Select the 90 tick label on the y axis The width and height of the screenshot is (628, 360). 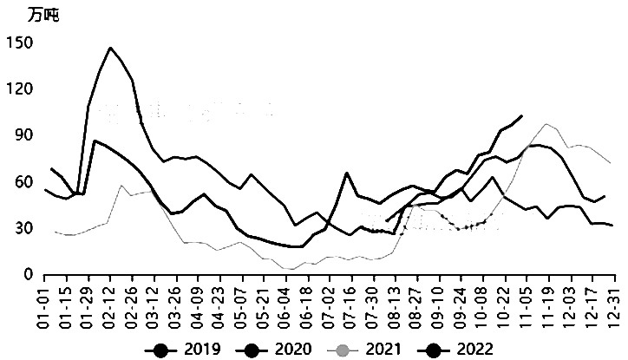click(22, 136)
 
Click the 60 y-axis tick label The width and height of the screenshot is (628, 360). click(22, 182)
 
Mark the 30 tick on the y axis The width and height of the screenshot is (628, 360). click(22, 228)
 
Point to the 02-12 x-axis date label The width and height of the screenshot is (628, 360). click(110, 303)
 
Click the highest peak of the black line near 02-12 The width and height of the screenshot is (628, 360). click(110, 48)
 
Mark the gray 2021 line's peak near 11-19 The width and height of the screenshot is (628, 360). click(546, 124)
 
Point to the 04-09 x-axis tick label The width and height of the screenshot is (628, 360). click(196, 303)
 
